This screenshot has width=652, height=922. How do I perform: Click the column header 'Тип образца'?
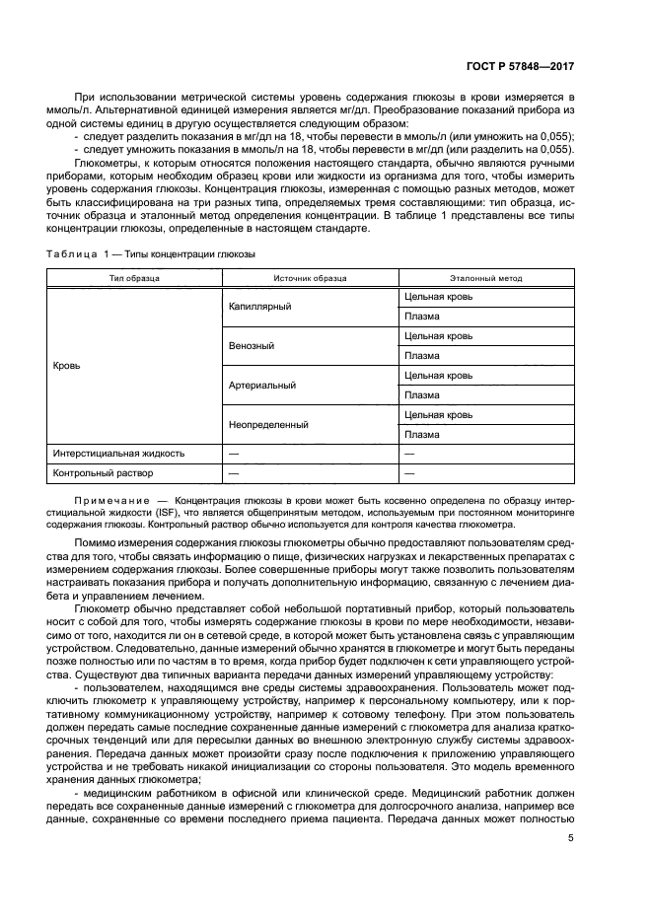pos(134,279)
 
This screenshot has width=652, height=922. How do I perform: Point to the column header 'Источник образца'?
pos(310,279)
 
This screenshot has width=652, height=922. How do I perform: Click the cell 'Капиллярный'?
pos(259,307)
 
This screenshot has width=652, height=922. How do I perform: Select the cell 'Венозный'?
pos(252,346)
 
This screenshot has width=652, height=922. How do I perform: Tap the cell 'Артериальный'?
pos(261,386)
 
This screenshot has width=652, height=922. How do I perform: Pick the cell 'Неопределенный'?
pos(268,425)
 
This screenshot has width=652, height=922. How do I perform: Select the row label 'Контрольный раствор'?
pos(100,474)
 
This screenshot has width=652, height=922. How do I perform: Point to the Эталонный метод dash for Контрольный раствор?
pos(409,474)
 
